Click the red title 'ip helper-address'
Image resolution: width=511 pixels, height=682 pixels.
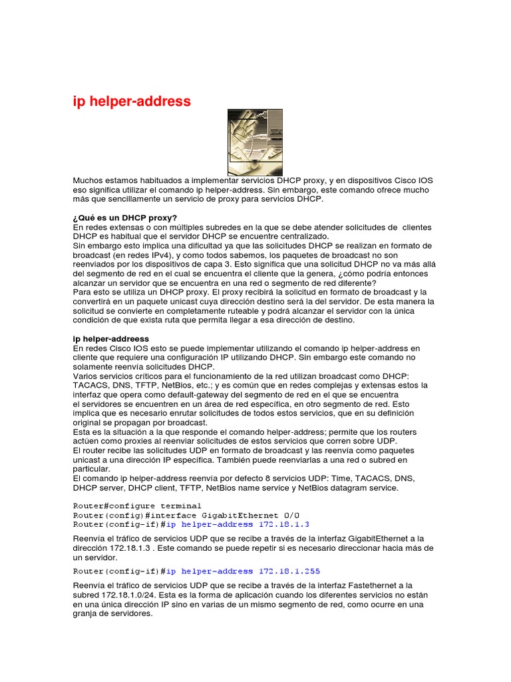[x=132, y=102]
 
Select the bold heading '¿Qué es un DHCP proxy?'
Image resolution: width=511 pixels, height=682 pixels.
[x=125, y=217]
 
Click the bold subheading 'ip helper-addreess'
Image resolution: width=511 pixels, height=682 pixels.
[x=111, y=338]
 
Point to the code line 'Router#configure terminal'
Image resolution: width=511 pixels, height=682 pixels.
[x=127, y=506]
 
